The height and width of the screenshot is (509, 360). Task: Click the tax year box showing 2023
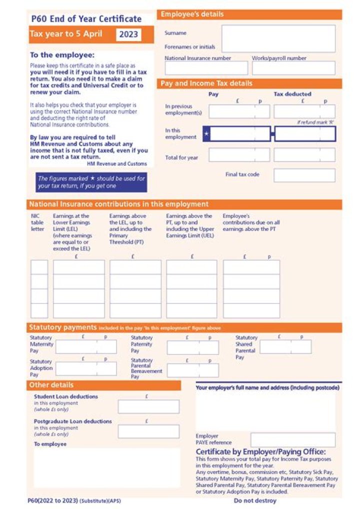pyautogui.click(x=128, y=34)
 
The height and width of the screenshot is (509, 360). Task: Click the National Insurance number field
pyautogui.click(x=206, y=68)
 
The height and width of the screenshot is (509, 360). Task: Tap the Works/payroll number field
pyautogui.click(x=293, y=68)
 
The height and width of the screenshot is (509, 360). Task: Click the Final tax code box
pyautogui.click(x=304, y=175)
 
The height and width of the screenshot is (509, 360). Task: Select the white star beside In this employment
pyautogui.click(x=206, y=134)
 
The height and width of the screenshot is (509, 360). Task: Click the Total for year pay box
pyautogui.click(x=239, y=155)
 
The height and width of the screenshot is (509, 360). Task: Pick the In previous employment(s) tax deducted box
pyautogui.click(x=304, y=111)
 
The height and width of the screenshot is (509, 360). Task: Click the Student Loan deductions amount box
pyautogui.click(x=148, y=406)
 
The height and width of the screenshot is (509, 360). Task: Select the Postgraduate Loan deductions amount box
pyautogui.click(x=148, y=431)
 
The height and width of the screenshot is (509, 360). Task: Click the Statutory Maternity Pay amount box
pyautogui.click(x=86, y=346)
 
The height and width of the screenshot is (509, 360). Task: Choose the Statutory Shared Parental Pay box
pyautogui.click(x=285, y=346)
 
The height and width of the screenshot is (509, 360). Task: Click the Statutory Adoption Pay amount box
pyautogui.click(x=86, y=369)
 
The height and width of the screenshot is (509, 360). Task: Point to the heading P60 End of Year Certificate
pyautogui.click(x=86, y=19)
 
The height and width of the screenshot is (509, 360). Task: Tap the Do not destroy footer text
pyautogui.click(x=255, y=500)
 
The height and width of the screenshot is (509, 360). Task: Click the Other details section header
pyautogui.click(x=103, y=385)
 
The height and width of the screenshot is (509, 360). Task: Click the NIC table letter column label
pyautogui.click(x=37, y=222)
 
